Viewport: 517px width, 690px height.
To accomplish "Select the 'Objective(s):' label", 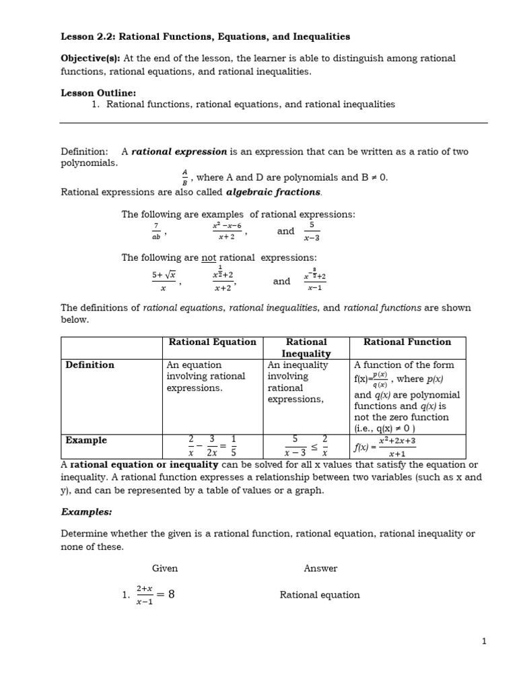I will [x=87, y=59].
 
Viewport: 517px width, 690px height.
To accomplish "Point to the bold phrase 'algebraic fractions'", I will [x=278, y=192].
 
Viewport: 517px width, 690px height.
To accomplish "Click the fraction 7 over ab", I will [x=156, y=231].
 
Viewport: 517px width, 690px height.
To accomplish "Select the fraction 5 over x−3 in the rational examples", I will [x=311, y=231].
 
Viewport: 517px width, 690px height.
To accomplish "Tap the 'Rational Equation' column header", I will [x=212, y=342].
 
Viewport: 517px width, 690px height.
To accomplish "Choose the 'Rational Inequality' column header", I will [x=306, y=347].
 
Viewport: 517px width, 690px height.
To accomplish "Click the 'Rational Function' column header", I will [x=407, y=342].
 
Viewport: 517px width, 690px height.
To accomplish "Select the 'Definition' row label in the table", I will [x=90, y=365].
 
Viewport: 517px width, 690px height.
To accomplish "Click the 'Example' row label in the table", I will [x=86, y=440].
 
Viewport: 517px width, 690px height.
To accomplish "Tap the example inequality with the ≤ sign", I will [x=306, y=445].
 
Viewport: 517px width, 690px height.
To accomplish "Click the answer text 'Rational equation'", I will [x=320, y=594].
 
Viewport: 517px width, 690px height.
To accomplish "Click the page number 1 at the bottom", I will [x=483, y=641].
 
